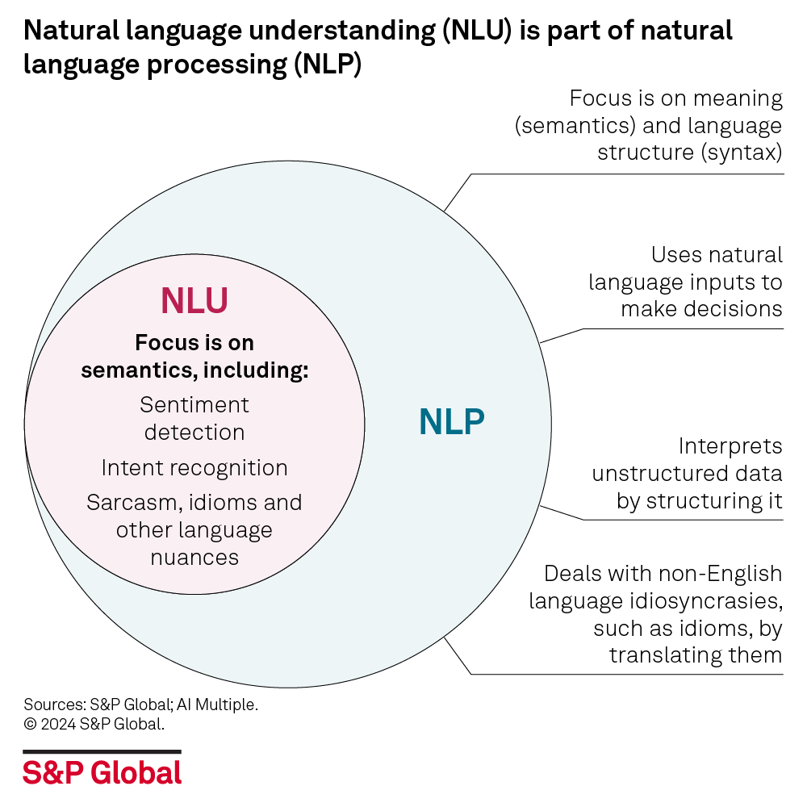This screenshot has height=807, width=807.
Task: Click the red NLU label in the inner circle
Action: (x=194, y=300)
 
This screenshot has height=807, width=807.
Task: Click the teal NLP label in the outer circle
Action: (x=451, y=421)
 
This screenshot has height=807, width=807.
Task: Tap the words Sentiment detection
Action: (x=194, y=418)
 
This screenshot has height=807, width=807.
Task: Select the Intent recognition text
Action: (x=194, y=468)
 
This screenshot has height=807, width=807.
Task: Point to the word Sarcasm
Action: (x=132, y=502)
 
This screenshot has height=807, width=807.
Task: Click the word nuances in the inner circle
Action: (x=194, y=557)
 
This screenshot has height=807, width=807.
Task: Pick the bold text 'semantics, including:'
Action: (x=194, y=370)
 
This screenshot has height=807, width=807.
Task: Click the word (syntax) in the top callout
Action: (x=743, y=153)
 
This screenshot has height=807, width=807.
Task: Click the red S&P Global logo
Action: (x=102, y=772)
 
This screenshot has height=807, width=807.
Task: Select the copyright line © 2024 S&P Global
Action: (x=94, y=724)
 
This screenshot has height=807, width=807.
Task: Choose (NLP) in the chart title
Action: (x=326, y=65)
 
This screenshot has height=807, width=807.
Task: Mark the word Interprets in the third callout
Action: (x=730, y=446)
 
